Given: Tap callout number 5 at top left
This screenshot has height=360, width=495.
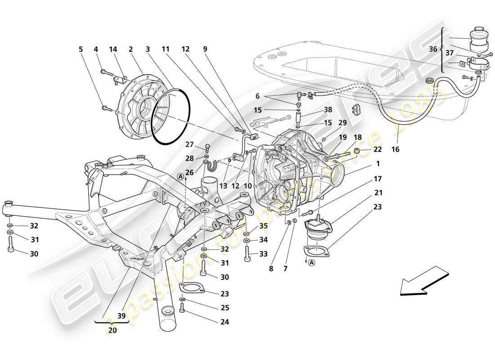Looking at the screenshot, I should tap(81, 49).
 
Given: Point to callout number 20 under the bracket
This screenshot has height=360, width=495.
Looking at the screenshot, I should tap(112, 329).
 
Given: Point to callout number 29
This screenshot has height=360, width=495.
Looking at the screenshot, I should tap(343, 122).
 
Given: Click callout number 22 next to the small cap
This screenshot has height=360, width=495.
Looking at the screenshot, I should tap(377, 150).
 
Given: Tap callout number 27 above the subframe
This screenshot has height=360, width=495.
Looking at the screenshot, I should tap(189, 145).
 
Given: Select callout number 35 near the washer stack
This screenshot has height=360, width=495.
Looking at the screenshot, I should tap(263, 226).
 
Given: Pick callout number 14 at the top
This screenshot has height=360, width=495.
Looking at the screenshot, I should tap(113, 49).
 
